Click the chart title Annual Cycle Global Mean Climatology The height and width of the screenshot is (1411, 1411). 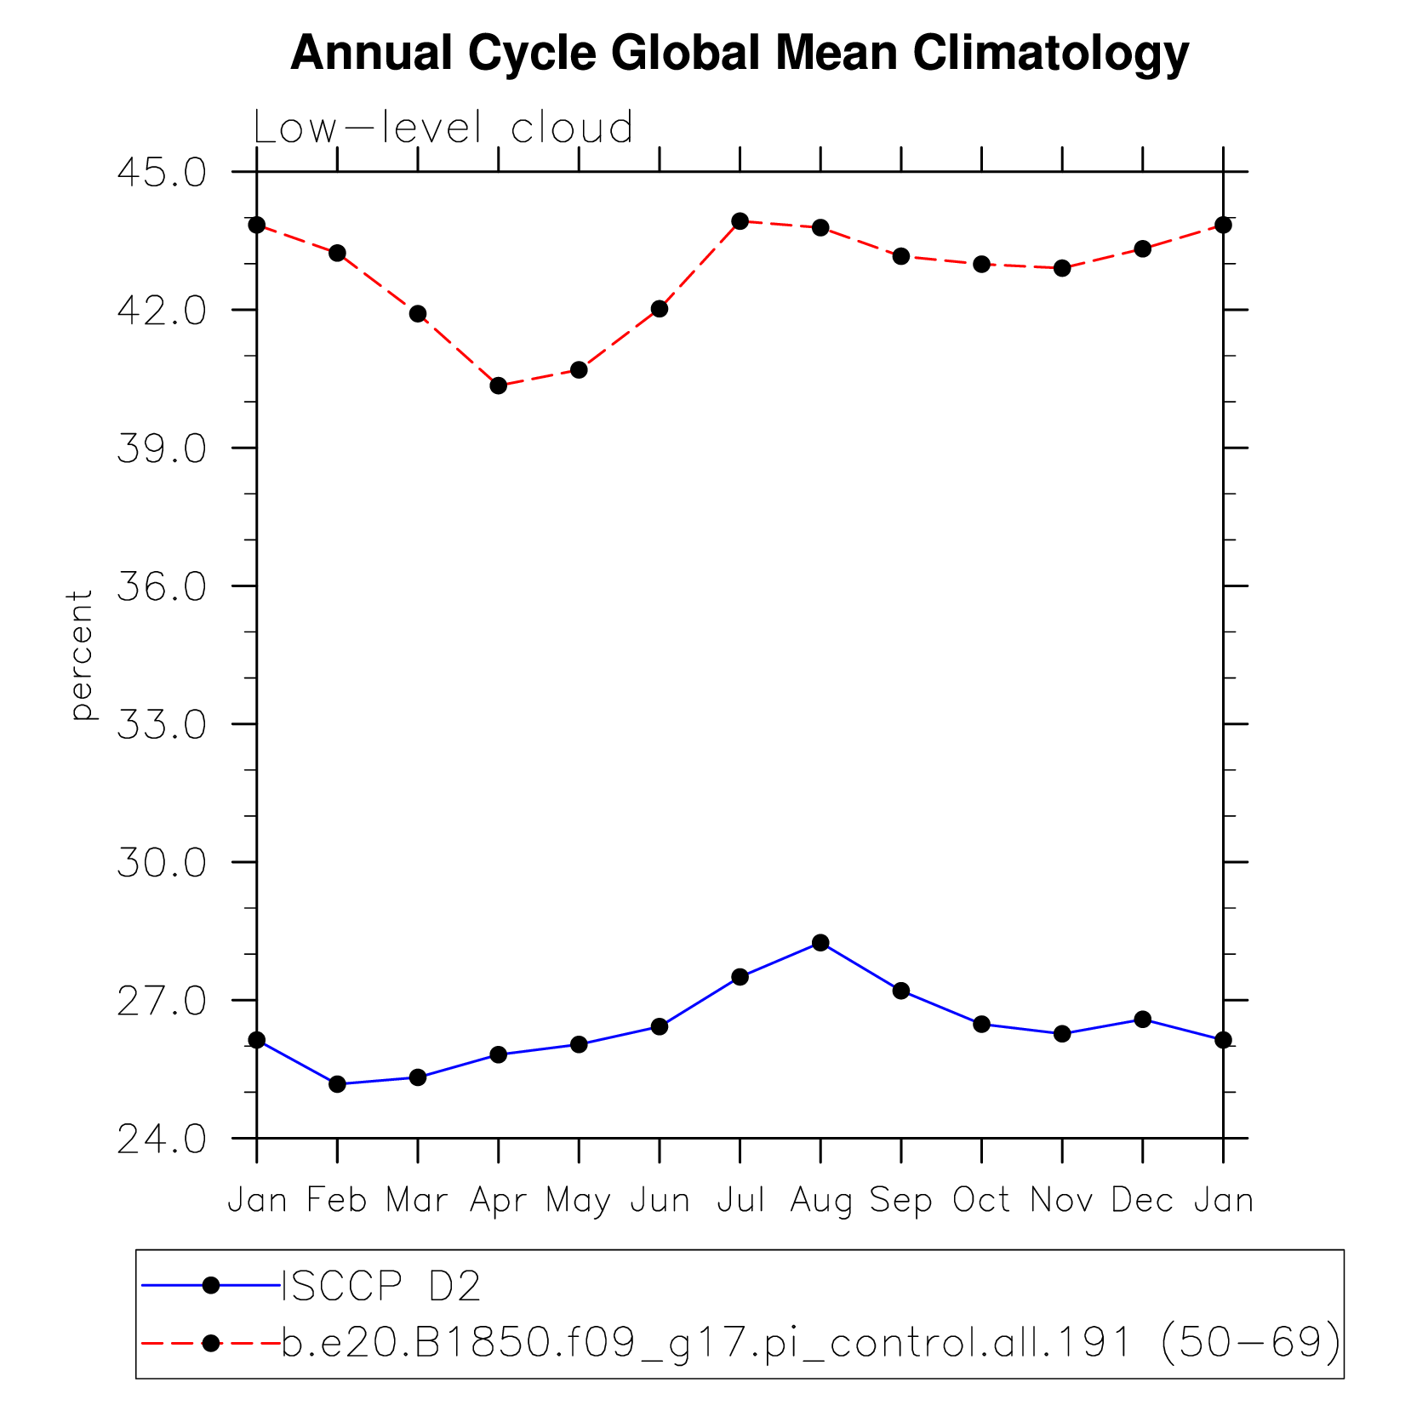[739, 53]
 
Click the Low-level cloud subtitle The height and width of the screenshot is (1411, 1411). [443, 128]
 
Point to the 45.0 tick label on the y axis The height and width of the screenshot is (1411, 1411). [162, 172]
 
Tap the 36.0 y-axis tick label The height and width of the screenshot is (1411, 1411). [162, 586]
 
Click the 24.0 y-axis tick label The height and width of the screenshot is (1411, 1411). [162, 1139]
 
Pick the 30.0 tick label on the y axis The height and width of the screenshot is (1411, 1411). [162, 863]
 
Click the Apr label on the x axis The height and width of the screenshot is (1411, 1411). [498, 1201]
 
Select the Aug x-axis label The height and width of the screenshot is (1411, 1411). [820, 1201]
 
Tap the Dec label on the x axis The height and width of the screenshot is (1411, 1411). [1142, 1201]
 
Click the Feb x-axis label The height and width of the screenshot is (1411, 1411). [337, 1201]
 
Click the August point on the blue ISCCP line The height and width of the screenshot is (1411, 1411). [820, 943]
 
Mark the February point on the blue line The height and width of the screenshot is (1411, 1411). [337, 1084]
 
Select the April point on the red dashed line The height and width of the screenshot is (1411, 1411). [499, 386]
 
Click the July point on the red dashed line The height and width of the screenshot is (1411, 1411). [740, 221]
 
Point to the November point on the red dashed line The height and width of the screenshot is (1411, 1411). [1062, 268]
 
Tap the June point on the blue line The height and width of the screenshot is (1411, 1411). [660, 1026]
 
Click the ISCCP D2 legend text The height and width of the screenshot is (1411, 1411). [381, 1286]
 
